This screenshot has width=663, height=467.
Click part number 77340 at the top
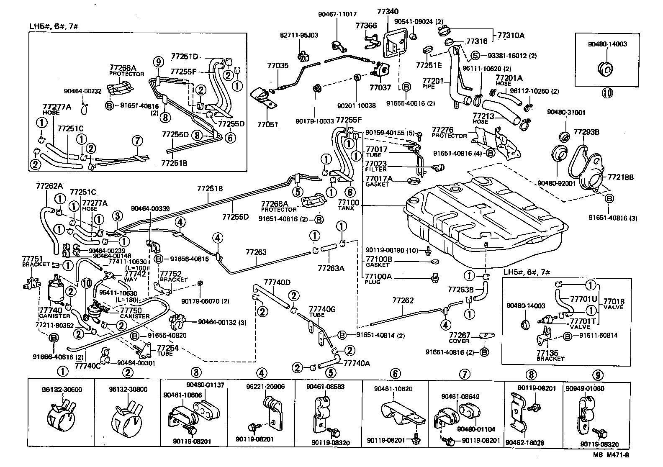point(387,12)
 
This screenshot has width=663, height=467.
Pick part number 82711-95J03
point(299,36)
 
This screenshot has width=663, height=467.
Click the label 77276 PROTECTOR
point(449,133)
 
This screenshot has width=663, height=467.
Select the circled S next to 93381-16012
point(475,55)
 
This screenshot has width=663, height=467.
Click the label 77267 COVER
point(460,338)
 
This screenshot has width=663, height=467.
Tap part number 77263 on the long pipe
point(256,252)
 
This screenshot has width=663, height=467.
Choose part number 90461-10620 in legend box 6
point(393,389)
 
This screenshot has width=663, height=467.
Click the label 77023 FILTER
point(375,166)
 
